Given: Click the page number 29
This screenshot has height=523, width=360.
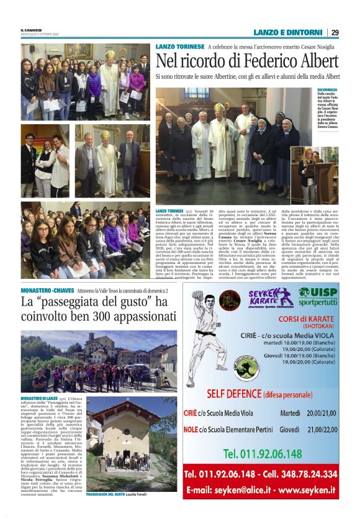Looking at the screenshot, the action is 335,32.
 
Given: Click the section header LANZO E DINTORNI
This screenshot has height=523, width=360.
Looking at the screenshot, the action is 288,32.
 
